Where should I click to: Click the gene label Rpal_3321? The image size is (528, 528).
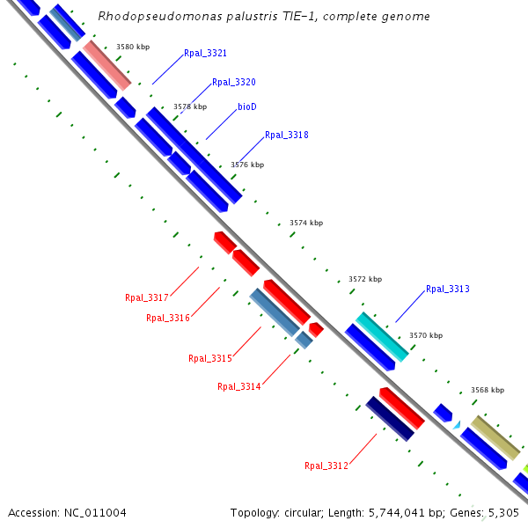[x=205, y=54]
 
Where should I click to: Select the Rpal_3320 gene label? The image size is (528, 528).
[x=233, y=82]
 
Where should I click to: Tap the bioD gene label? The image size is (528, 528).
[x=247, y=106]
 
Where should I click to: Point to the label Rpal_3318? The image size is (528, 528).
[x=286, y=136]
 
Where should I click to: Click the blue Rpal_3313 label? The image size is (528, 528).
[x=447, y=289]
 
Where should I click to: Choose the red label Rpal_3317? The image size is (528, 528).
[x=146, y=297]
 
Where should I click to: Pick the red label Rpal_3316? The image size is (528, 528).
[x=167, y=318]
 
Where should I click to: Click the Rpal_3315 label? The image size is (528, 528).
[x=209, y=358]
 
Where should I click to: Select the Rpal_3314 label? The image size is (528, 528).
[x=238, y=386]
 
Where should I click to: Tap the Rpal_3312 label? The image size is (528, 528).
[x=326, y=466]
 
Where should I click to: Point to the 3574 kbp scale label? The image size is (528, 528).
[x=306, y=223]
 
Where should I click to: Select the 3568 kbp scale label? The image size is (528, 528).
[x=488, y=390]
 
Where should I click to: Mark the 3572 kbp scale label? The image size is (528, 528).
[x=365, y=279]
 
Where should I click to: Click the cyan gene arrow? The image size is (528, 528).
[x=382, y=336]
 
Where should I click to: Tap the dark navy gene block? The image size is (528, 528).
[x=390, y=418]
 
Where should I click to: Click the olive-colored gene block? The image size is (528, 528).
[x=495, y=437]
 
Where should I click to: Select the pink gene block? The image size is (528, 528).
[x=107, y=64]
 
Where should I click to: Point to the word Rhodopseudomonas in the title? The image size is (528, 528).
[x=145, y=17]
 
